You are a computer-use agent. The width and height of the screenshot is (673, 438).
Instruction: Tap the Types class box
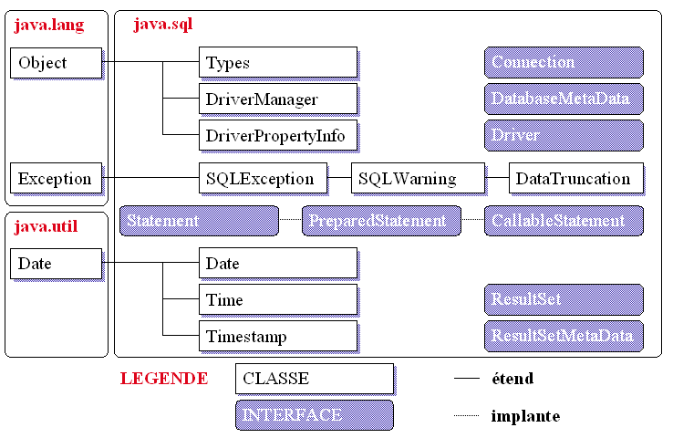[x=277, y=63]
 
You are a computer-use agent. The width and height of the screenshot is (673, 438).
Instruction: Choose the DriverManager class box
[x=277, y=99]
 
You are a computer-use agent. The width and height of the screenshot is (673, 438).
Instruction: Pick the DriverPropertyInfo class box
[x=277, y=135]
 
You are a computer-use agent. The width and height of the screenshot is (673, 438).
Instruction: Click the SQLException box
[x=262, y=178]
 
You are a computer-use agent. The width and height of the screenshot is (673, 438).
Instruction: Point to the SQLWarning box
[x=418, y=178]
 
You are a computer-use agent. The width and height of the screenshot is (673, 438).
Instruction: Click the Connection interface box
[x=564, y=62]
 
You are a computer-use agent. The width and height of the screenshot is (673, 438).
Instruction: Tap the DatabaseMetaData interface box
[x=564, y=99]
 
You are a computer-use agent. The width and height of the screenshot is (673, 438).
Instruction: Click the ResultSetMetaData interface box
[x=564, y=336]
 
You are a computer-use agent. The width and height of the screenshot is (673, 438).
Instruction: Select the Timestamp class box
[x=277, y=336]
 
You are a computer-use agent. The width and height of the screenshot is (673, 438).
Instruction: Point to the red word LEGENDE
[x=164, y=378]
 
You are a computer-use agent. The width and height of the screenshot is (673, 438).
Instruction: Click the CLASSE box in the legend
[x=314, y=378]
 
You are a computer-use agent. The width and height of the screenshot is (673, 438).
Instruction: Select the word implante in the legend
[x=525, y=416]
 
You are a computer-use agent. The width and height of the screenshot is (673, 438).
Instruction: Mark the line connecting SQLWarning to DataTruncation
[x=497, y=178]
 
